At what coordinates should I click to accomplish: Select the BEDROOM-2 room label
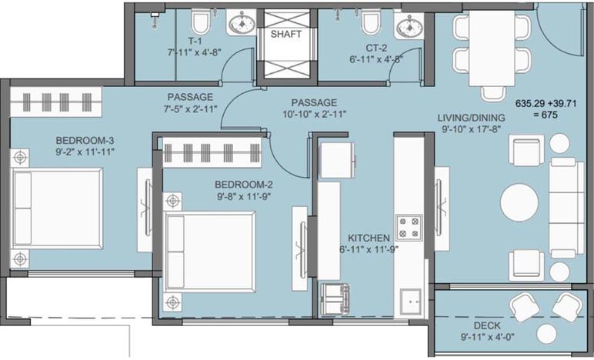243,185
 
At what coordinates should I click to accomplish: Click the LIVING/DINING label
471,117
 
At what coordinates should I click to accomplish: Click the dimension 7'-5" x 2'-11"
189,108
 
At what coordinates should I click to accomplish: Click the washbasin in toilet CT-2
407,26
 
